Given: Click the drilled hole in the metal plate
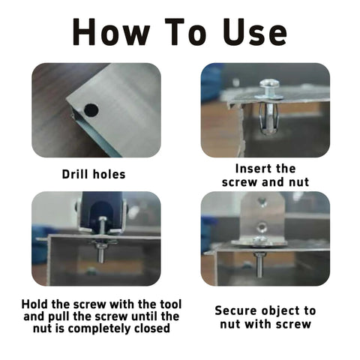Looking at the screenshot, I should (x=91, y=110).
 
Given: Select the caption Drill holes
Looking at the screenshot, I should (x=94, y=174).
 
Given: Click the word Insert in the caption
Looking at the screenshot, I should (x=254, y=169).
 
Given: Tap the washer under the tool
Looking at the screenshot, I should (x=103, y=242).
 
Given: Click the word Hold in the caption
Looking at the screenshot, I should (x=36, y=304).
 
